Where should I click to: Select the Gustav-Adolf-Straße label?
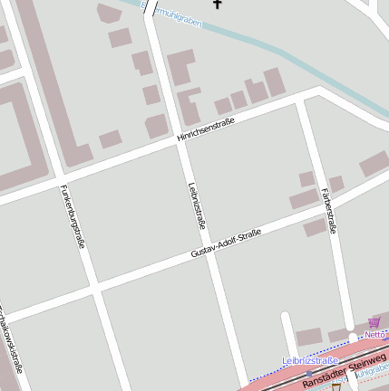[x=226, y=244]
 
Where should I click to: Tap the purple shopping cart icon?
[x=374, y=322]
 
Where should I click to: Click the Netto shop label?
[x=375, y=334]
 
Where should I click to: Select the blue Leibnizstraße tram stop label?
[x=310, y=360]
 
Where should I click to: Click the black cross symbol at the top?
[x=217, y=4]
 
